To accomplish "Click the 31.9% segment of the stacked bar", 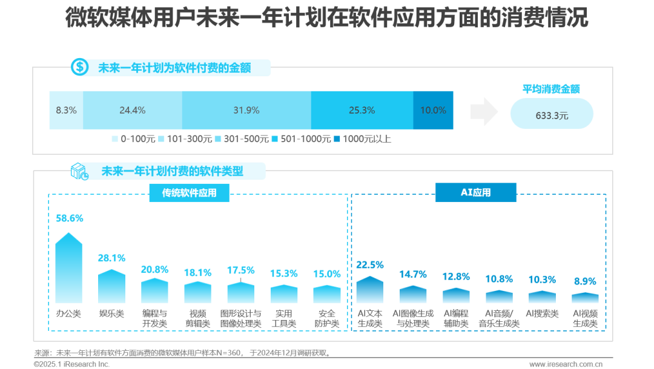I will (x=246, y=110).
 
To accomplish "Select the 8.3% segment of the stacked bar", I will (x=66, y=110).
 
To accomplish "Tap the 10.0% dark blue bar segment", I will (x=433, y=110).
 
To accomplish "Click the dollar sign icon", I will (x=80, y=67).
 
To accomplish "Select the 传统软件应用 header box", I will (x=188, y=193).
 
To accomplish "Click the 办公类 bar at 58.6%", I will (x=68, y=269).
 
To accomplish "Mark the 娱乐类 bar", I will (x=111, y=286).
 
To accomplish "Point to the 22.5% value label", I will (x=369, y=264).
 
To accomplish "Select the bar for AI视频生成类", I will (x=585, y=298).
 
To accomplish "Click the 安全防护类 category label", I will (x=327, y=319).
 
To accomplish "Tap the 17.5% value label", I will (x=240, y=270).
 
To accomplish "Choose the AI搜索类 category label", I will (x=542, y=313).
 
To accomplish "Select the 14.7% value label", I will (x=413, y=274).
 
